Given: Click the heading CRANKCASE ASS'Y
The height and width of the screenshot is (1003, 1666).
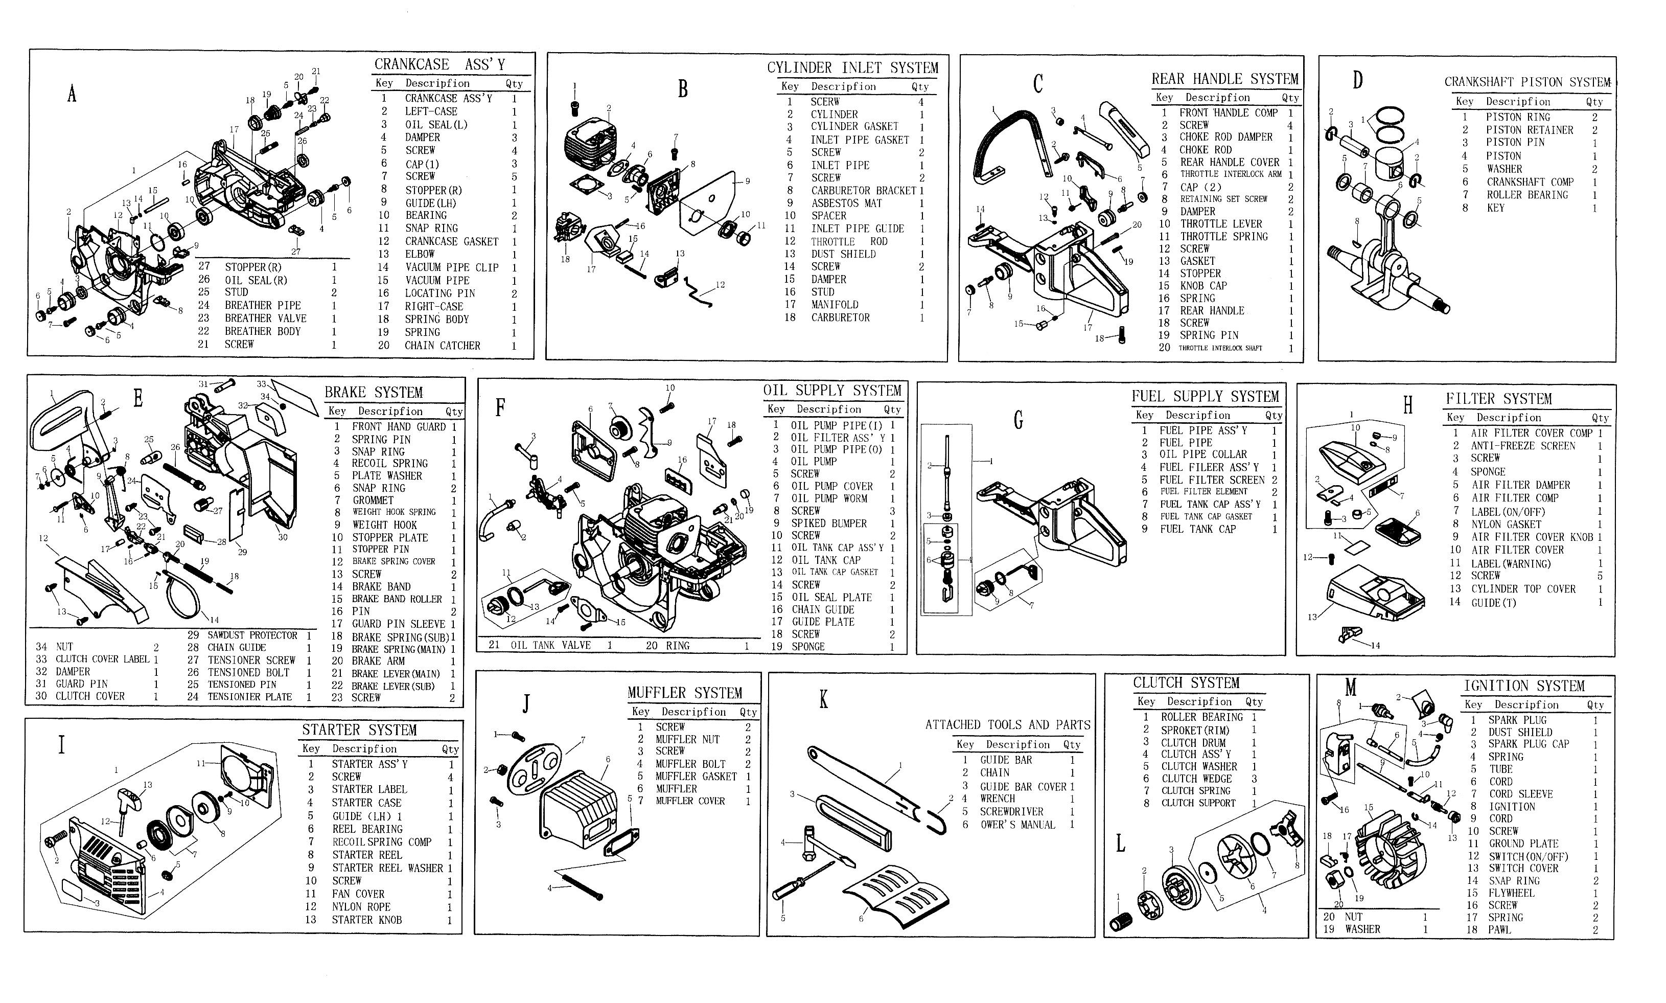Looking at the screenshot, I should (x=440, y=64).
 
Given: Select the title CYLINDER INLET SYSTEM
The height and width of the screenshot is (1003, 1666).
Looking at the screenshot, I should (x=852, y=67).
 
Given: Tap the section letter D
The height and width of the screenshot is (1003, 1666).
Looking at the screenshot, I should (x=1358, y=80).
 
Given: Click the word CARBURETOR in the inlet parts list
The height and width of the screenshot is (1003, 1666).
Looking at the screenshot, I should (x=841, y=317).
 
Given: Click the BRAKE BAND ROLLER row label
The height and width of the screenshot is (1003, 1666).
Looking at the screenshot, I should (x=397, y=599).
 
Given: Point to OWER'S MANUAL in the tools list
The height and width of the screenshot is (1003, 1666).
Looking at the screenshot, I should (x=1017, y=825).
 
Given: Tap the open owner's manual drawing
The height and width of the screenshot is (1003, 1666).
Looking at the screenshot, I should (x=890, y=896).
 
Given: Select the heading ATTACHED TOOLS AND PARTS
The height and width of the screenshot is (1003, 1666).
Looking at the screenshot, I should (x=1007, y=724).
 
